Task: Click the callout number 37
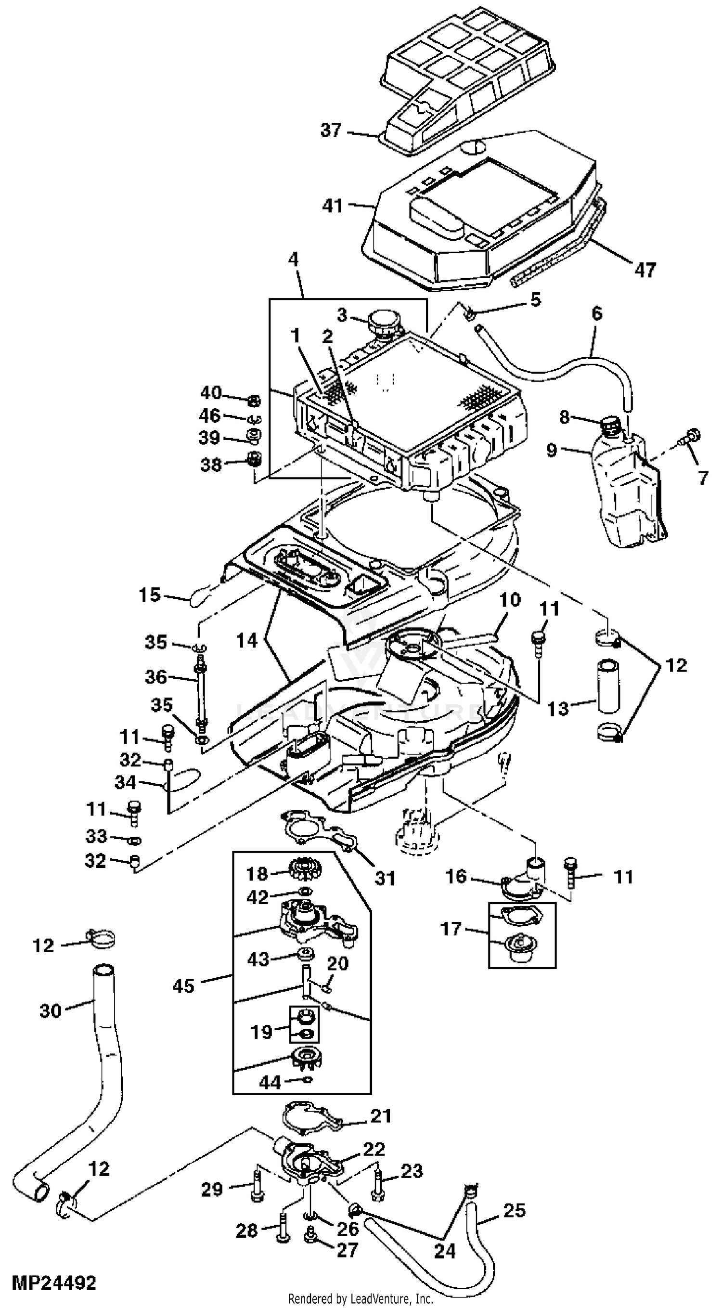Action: pyautogui.click(x=331, y=130)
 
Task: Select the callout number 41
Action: pyautogui.click(x=333, y=206)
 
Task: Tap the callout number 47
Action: pyautogui.click(x=645, y=270)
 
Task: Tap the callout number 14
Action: pyautogui.click(x=247, y=641)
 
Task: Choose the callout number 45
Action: pyautogui.click(x=183, y=986)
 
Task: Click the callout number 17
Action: pyautogui.click(x=451, y=929)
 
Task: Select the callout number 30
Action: pyautogui.click(x=50, y=1010)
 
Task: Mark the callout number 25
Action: pyautogui.click(x=514, y=1210)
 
